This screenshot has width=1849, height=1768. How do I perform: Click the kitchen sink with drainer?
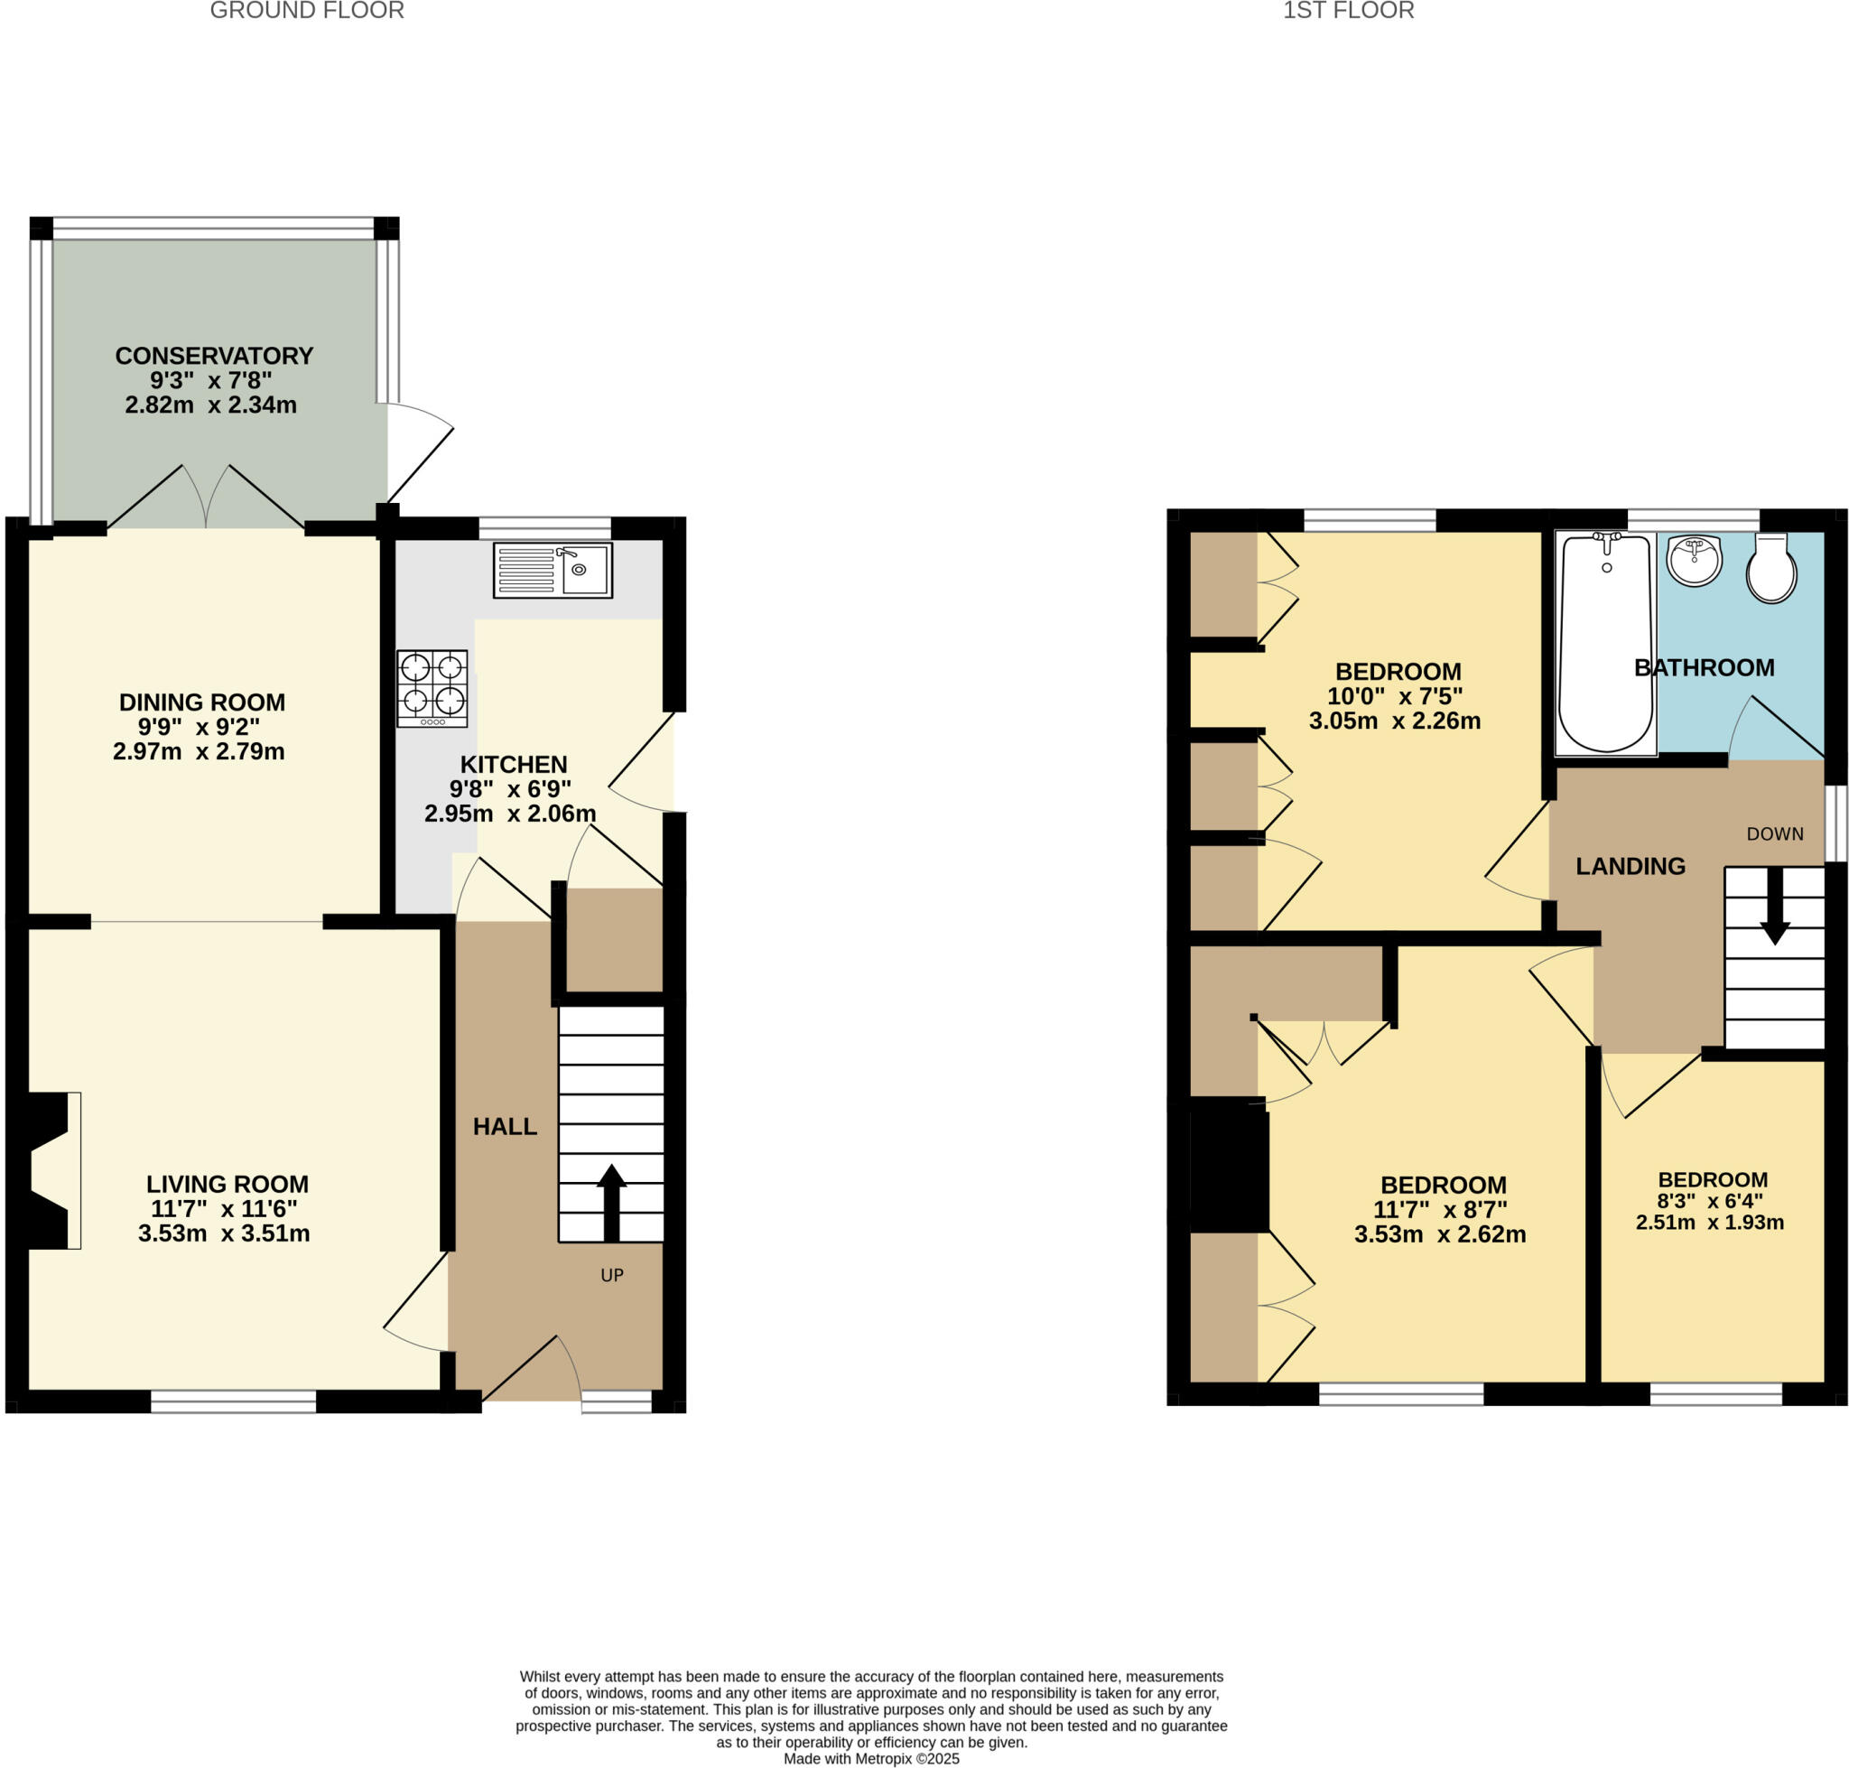tap(553, 569)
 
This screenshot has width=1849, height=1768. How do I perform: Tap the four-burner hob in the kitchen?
tap(432, 687)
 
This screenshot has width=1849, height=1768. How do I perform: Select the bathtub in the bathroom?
tap(1605, 644)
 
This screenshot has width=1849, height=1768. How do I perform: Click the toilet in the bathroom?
tap(1770, 568)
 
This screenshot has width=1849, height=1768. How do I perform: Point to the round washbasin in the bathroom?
tap(1694, 562)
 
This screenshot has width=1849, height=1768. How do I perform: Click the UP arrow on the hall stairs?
tap(611, 1203)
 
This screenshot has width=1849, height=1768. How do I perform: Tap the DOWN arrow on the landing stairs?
tap(1775, 906)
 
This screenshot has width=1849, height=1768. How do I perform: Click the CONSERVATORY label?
tap(214, 355)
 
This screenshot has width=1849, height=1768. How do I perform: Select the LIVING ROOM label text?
tap(228, 1184)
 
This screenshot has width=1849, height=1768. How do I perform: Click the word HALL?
tap(504, 1126)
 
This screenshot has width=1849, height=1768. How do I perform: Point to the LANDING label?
tap(1630, 865)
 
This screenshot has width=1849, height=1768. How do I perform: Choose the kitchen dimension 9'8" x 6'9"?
tap(510, 789)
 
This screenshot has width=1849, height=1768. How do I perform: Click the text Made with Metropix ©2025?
tap(871, 1758)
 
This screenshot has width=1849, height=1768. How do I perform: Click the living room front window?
tap(233, 1401)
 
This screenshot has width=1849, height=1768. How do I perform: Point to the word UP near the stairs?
tap(611, 1275)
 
